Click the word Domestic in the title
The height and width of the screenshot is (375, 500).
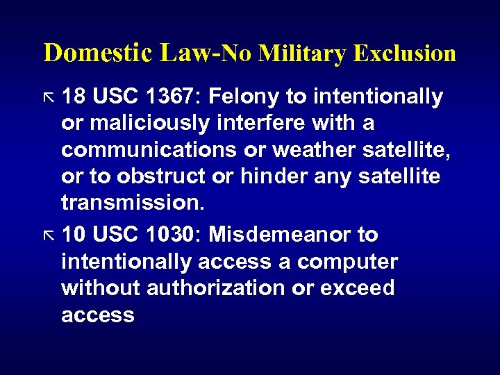point(98,53)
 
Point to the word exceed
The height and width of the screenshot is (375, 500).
point(358,288)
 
